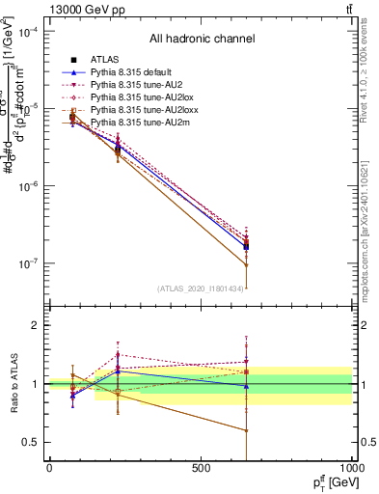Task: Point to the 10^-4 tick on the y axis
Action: [28, 32]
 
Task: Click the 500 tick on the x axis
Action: [201, 468]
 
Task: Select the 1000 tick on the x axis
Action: [350, 468]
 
